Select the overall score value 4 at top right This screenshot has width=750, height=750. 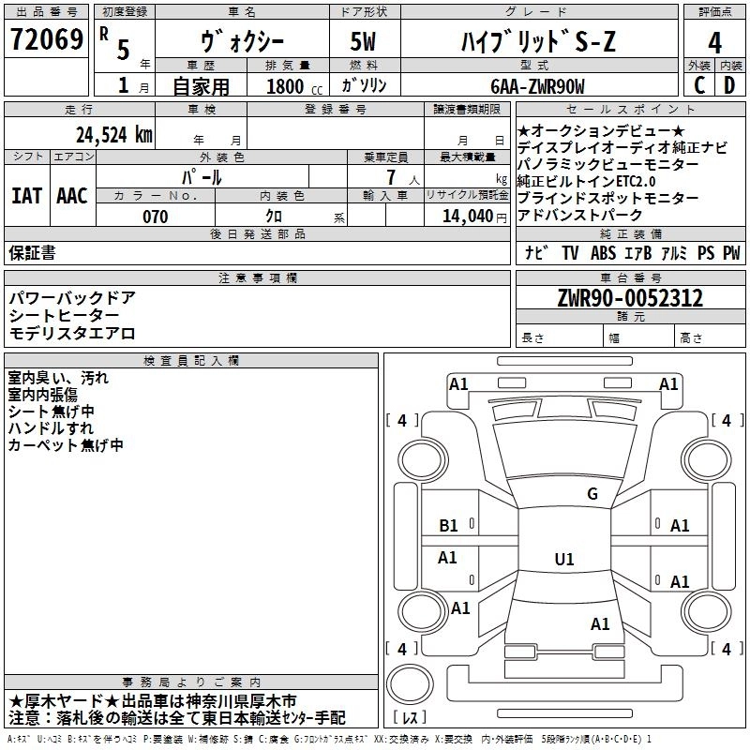coord(714,43)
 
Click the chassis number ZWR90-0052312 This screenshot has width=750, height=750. coord(629,299)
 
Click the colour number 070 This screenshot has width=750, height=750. coord(155,217)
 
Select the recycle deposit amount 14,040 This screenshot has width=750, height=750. coord(467,217)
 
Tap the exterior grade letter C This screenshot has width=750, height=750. coord(698,85)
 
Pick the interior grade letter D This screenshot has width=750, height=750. coord(729,85)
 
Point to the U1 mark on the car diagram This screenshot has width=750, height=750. coord(563,560)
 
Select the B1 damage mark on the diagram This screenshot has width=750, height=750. coord(448,526)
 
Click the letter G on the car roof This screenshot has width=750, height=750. coord(592,494)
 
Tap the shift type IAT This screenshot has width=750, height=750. coord(26,196)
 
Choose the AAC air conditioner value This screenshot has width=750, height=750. coord(72,196)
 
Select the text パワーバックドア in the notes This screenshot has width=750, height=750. coord(72,298)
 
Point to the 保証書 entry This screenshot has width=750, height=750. coord(32,252)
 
